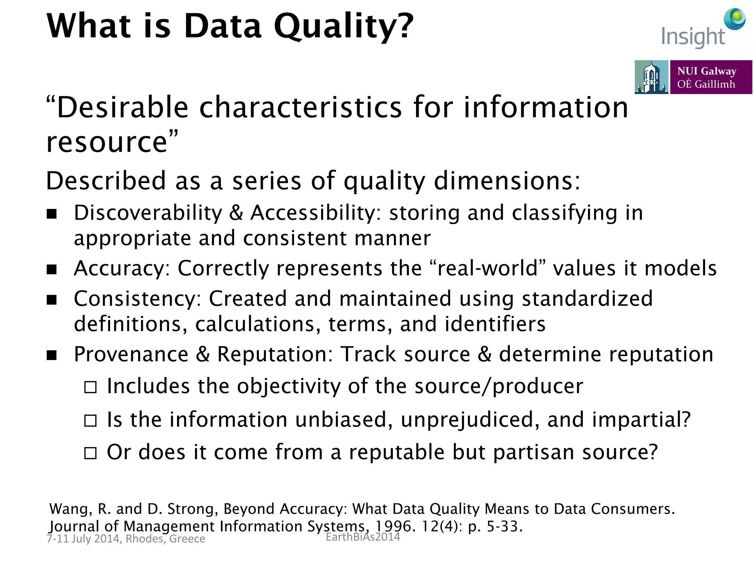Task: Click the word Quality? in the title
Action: click(344, 27)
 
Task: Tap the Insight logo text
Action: click(693, 37)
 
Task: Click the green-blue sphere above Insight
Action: click(734, 19)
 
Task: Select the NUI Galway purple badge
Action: click(711, 77)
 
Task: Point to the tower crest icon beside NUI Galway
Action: click(651, 77)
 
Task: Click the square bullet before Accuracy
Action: click(52, 269)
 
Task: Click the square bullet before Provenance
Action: click(52, 355)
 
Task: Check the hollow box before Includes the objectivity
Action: click(91, 387)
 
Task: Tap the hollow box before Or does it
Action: click(91, 453)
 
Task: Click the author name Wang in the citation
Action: click(70, 509)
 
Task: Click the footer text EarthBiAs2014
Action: click(363, 537)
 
